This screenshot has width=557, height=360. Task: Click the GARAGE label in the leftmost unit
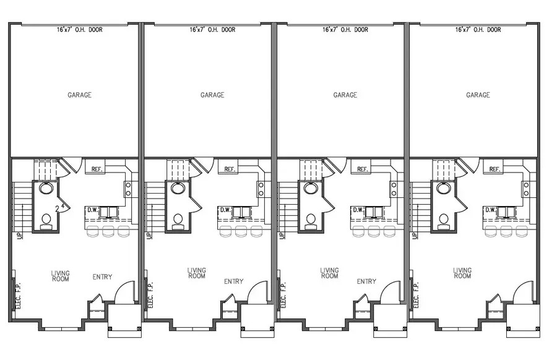tap(79, 95)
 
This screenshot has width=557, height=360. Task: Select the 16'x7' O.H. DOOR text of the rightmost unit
tap(478, 29)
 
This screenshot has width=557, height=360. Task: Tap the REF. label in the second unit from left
tap(229, 169)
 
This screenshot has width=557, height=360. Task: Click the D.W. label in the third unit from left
tap(357, 210)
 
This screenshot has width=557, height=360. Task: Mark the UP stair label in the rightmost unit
tap(413, 236)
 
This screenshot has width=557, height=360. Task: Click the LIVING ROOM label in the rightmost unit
tap(462, 273)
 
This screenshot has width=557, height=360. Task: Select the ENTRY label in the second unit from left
tap(233, 281)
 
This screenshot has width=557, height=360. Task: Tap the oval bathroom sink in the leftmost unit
tap(46, 188)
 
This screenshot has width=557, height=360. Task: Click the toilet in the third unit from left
tap(311, 220)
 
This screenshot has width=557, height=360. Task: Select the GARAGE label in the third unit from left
tap(345, 95)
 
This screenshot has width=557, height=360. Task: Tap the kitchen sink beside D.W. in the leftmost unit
tap(110, 212)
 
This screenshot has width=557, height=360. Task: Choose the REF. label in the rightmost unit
tap(495, 169)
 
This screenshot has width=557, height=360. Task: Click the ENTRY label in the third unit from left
tap(366, 281)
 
